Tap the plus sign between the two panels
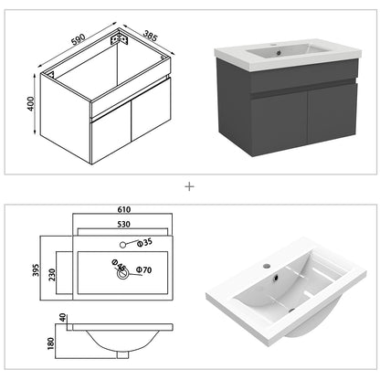pyautogui.click(x=190, y=185)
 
